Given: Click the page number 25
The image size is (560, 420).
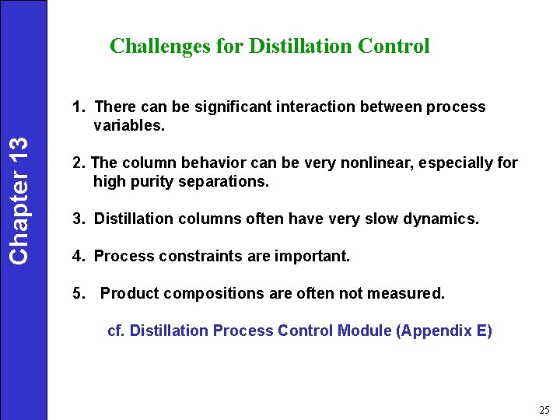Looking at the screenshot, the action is click(x=544, y=409).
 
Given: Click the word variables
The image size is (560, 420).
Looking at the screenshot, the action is click(x=129, y=124).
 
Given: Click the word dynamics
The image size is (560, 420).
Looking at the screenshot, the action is click(x=442, y=219).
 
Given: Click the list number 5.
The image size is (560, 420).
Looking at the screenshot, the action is click(x=78, y=293).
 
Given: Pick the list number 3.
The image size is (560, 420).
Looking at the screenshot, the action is click(x=78, y=219).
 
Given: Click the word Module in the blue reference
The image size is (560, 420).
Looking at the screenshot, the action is click(x=365, y=331).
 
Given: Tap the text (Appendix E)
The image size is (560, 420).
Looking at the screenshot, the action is click(x=444, y=331).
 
